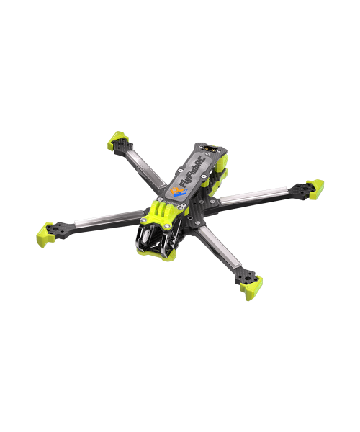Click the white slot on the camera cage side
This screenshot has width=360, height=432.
pyautogui.click(x=148, y=235)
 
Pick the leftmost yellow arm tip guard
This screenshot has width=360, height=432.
pyautogui.click(x=45, y=232)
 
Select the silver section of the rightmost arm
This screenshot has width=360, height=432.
pyautogui.click(x=252, y=195)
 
